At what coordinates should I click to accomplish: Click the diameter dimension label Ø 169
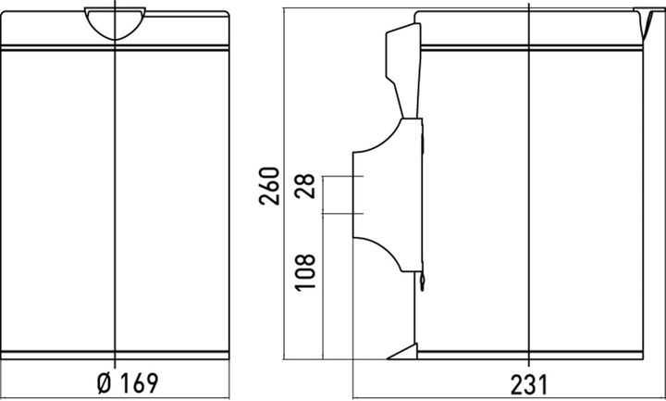tap(128, 383)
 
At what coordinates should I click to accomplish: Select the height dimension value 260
tap(270, 186)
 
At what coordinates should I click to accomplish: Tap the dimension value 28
tap(305, 186)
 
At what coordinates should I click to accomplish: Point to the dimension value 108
tap(305, 272)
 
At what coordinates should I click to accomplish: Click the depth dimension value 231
tap(529, 385)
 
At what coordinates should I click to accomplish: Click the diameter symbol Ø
tap(105, 383)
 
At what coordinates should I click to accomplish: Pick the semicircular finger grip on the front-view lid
tap(115, 23)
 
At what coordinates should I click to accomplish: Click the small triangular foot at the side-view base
tap(402, 352)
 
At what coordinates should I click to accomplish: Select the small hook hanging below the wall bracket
tap(422, 282)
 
